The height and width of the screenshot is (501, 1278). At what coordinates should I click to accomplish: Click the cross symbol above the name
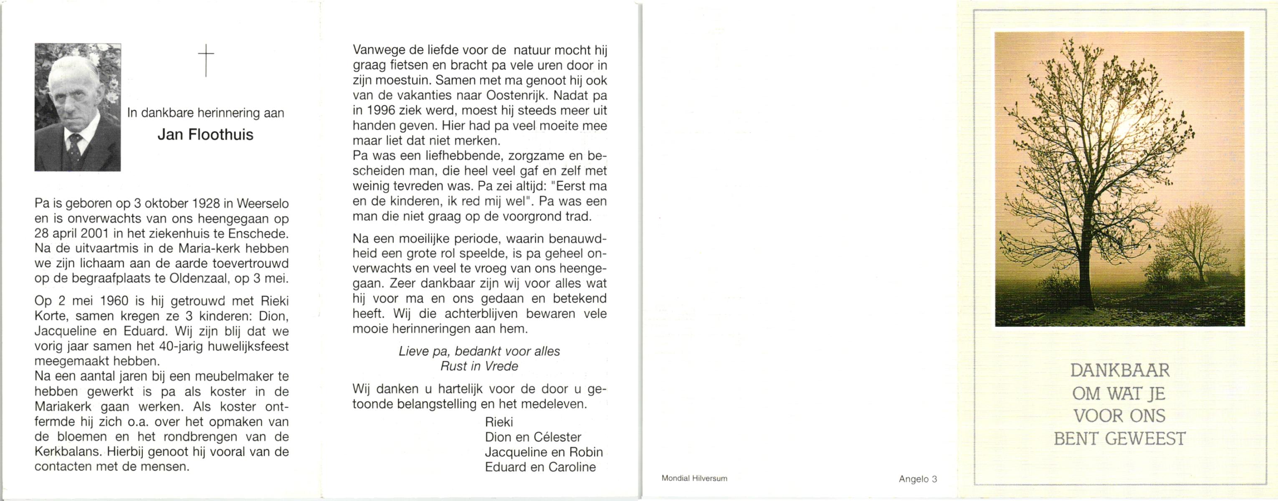[206, 60]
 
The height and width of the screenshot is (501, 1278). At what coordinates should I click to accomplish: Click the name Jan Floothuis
[205, 135]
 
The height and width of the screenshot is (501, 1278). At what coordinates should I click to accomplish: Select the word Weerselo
[263, 204]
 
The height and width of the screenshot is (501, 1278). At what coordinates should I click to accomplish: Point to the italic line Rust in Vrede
[479, 367]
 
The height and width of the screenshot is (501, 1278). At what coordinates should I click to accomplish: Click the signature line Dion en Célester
[533, 438]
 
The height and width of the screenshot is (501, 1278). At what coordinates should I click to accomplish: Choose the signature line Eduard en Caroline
[540, 467]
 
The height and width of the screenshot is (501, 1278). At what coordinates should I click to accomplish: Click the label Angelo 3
[918, 479]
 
